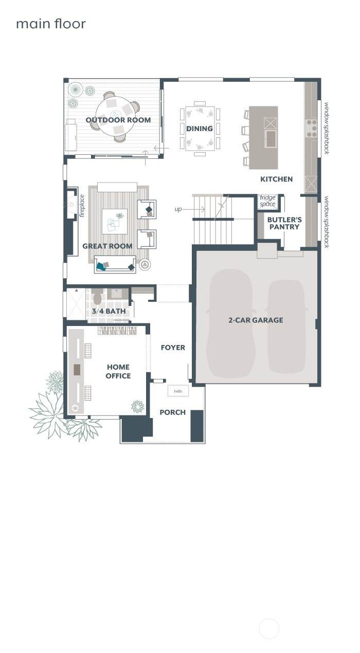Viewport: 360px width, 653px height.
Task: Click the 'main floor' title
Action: [51, 24]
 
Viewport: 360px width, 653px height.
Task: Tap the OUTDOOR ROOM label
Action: [118, 120]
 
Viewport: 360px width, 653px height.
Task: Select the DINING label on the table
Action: [200, 129]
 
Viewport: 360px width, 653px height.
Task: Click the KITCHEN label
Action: [276, 179]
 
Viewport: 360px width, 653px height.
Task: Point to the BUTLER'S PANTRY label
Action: [284, 223]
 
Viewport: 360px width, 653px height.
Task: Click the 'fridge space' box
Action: [267, 201]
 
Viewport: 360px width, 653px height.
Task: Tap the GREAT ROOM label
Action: [107, 246]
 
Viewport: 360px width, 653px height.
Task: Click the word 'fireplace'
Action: [82, 206]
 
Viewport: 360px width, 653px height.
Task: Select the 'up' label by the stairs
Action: [178, 209]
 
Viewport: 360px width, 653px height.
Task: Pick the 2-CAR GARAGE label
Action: [256, 320]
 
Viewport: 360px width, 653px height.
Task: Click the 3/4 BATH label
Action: [109, 311]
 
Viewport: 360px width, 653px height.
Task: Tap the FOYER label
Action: [173, 348]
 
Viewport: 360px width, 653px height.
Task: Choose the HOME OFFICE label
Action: [118, 371]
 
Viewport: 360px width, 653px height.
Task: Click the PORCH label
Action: [173, 412]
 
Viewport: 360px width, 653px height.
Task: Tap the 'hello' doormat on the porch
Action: [178, 391]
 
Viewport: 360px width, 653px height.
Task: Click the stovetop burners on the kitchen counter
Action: [311, 128]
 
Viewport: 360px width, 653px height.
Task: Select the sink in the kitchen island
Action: [271, 139]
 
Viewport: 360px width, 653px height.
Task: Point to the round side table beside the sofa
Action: [145, 265]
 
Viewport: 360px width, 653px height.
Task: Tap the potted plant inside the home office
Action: [138, 406]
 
